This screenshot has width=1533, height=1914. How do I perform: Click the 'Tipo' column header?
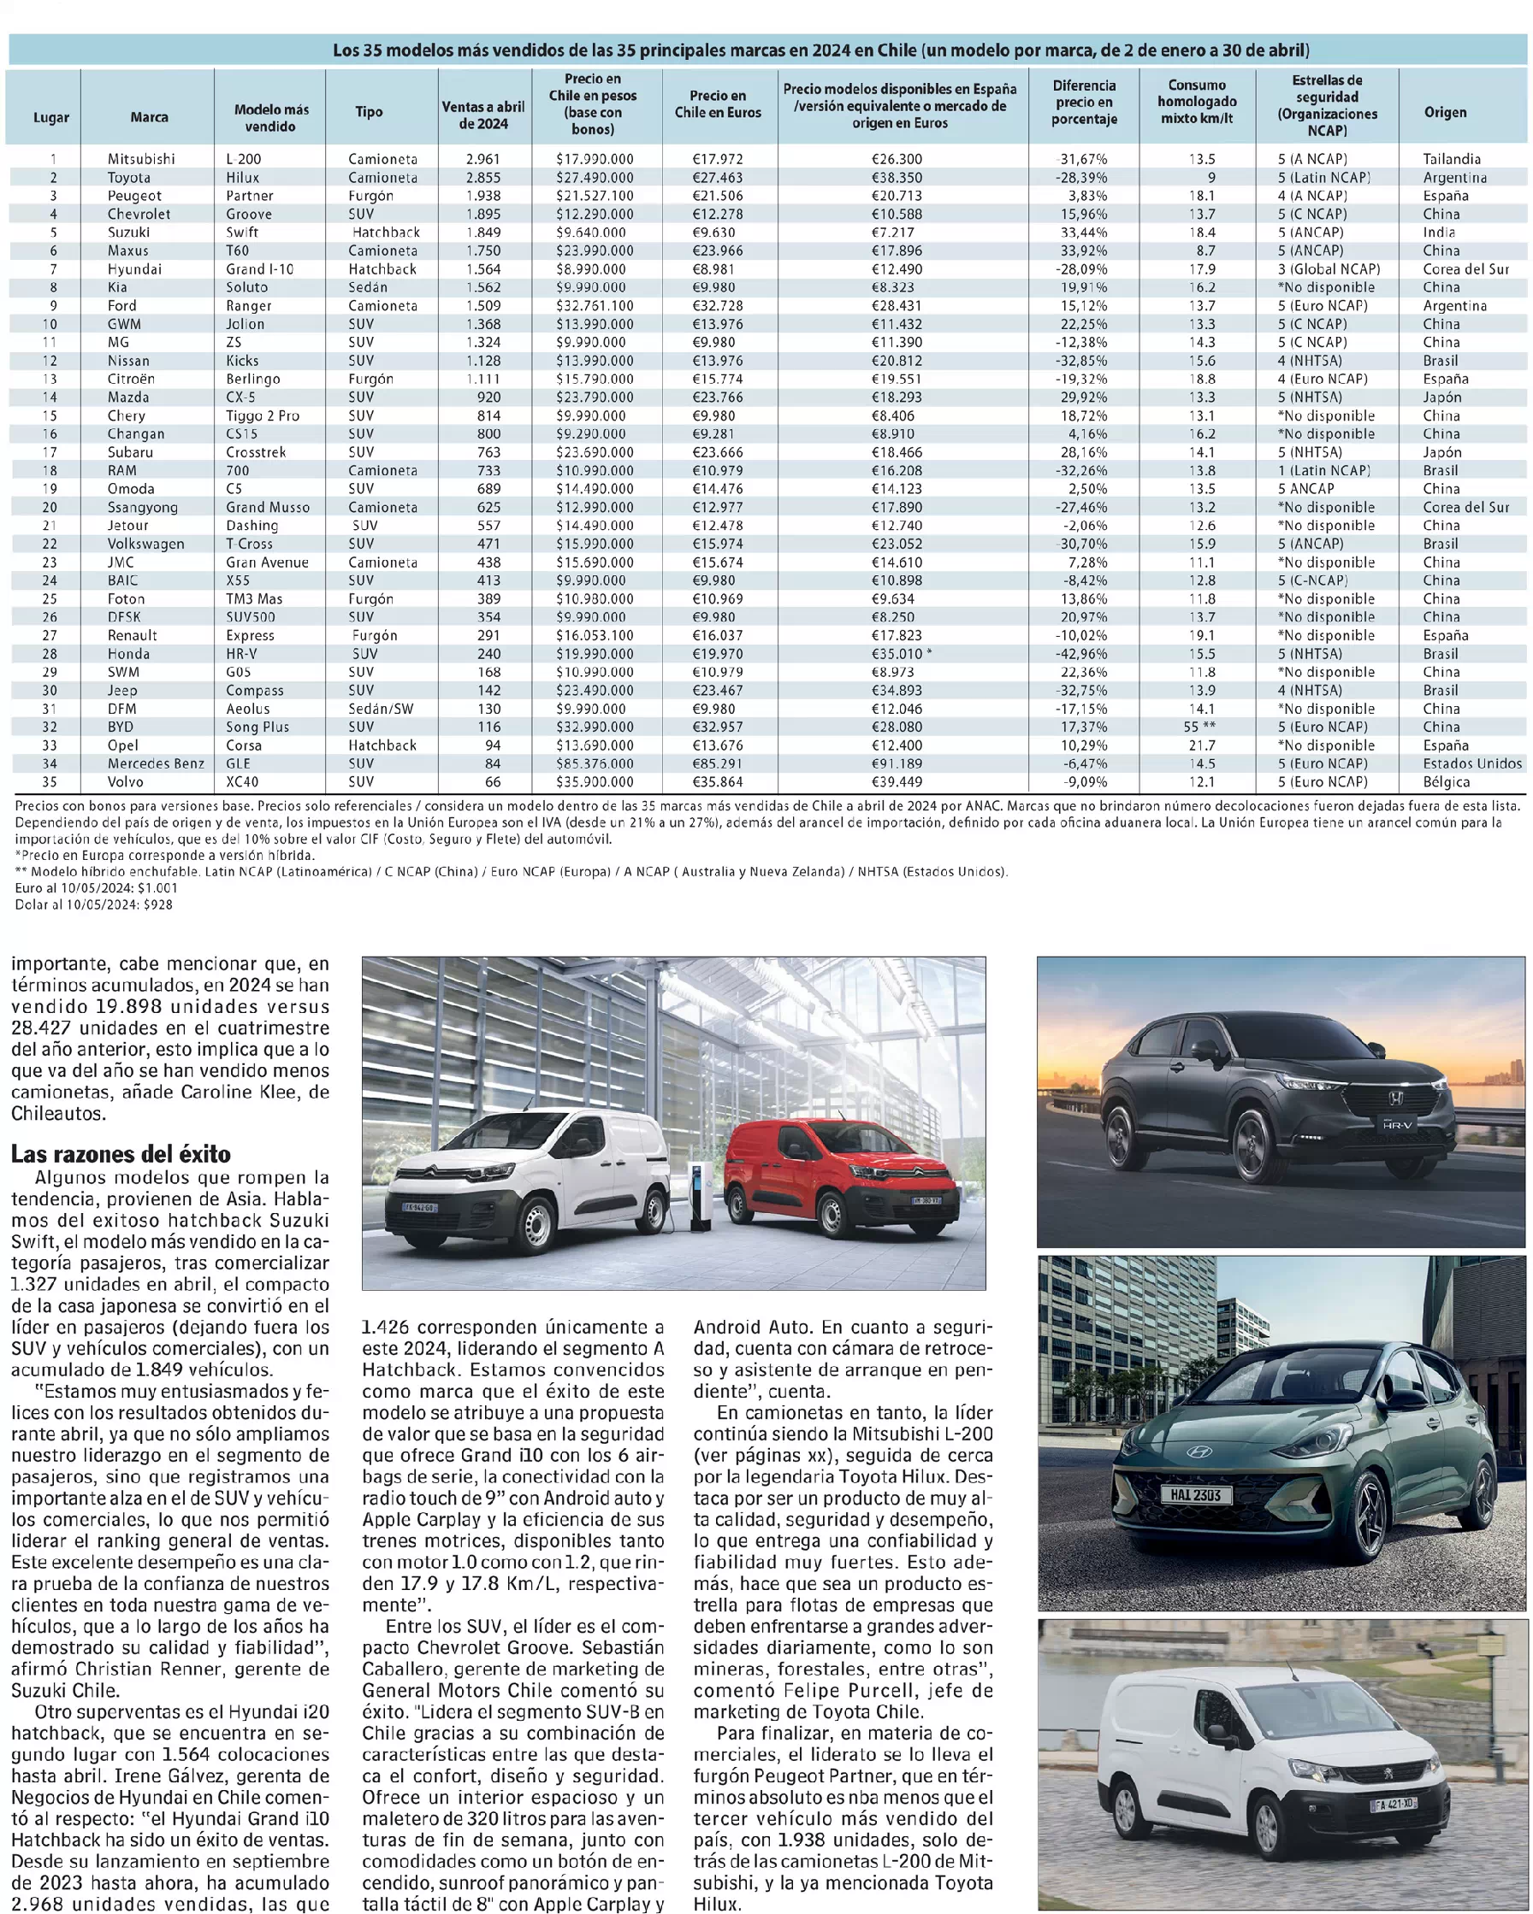[x=369, y=112]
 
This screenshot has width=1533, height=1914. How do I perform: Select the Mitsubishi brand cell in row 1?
[x=141, y=159]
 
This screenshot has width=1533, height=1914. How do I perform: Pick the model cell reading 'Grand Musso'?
[x=268, y=508]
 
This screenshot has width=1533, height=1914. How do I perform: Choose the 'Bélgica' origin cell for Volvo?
[x=1446, y=782]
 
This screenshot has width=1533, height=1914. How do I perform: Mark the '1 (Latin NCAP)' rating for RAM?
[x=1324, y=470]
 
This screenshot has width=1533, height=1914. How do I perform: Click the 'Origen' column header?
[x=1445, y=112]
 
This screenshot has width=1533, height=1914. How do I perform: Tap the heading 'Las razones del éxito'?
[x=121, y=1154]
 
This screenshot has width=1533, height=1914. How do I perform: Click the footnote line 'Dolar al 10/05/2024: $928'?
[x=94, y=904]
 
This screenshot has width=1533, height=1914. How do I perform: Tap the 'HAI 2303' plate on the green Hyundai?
[x=1194, y=1495]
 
